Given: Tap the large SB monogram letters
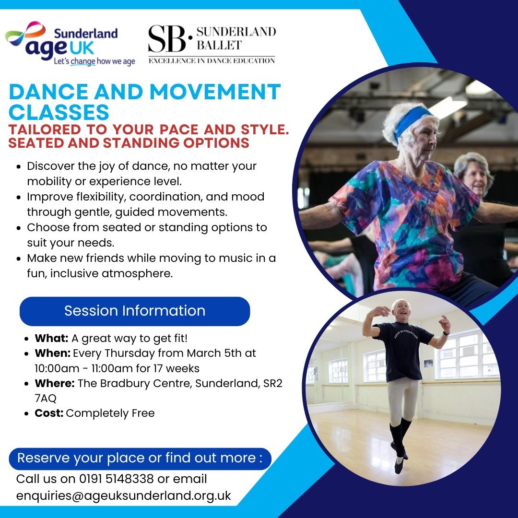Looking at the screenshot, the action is point(167,39).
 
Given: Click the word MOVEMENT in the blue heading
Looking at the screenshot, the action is point(215,92).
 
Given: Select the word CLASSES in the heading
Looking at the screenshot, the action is point(59,112).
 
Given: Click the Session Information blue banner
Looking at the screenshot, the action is point(135,311).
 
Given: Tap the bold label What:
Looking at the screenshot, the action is point(51,338).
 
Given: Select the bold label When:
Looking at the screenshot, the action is point(53,353).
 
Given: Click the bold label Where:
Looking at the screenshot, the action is point(55,383).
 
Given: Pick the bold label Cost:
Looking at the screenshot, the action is point(49,413).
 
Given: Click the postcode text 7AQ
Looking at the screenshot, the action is point(46,399).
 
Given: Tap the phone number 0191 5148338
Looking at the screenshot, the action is point(116,479).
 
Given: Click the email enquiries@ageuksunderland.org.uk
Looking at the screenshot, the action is point(124,496).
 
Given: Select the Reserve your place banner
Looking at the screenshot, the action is point(140,459).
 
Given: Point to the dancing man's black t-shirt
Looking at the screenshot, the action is point(403,350).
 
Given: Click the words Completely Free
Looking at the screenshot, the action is point(110,413).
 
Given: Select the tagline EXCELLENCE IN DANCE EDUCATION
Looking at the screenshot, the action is point(212,61).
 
